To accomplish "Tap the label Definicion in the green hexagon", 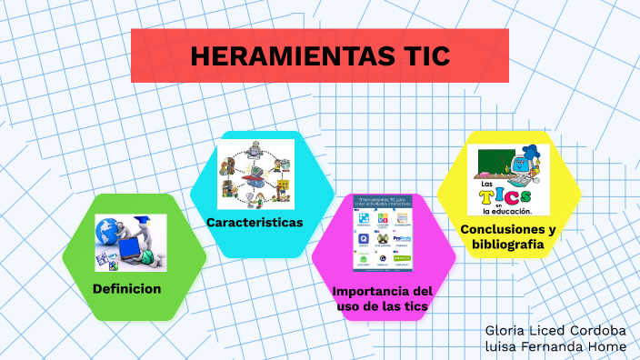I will [126, 289].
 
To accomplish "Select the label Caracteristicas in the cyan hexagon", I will [255, 223].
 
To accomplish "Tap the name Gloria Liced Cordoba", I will [555, 329].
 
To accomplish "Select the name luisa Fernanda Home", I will [555, 346].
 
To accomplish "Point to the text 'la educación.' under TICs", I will [507, 211].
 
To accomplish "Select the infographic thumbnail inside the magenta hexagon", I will [383, 233].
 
